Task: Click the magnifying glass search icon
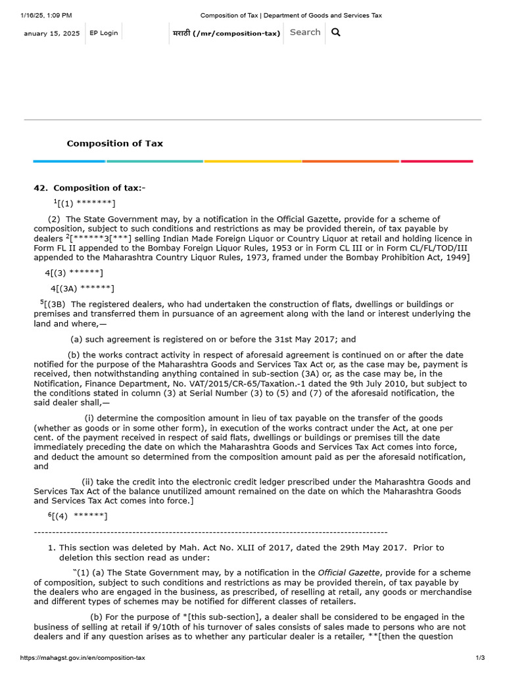click(336, 32)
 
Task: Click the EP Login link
click(104, 33)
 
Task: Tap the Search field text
click(305, 32)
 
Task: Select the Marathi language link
click(226, 33)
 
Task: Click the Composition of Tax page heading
click(114, 143)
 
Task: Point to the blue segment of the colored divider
click(69, 161)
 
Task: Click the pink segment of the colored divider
click(437, 161)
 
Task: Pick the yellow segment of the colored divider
click(252, 161)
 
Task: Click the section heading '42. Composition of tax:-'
click(89, 188)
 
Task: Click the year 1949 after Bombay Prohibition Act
click(456, 257)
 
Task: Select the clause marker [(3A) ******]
click(82, 289)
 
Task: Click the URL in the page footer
click(83, 658)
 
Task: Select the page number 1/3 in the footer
click(479, 658)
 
